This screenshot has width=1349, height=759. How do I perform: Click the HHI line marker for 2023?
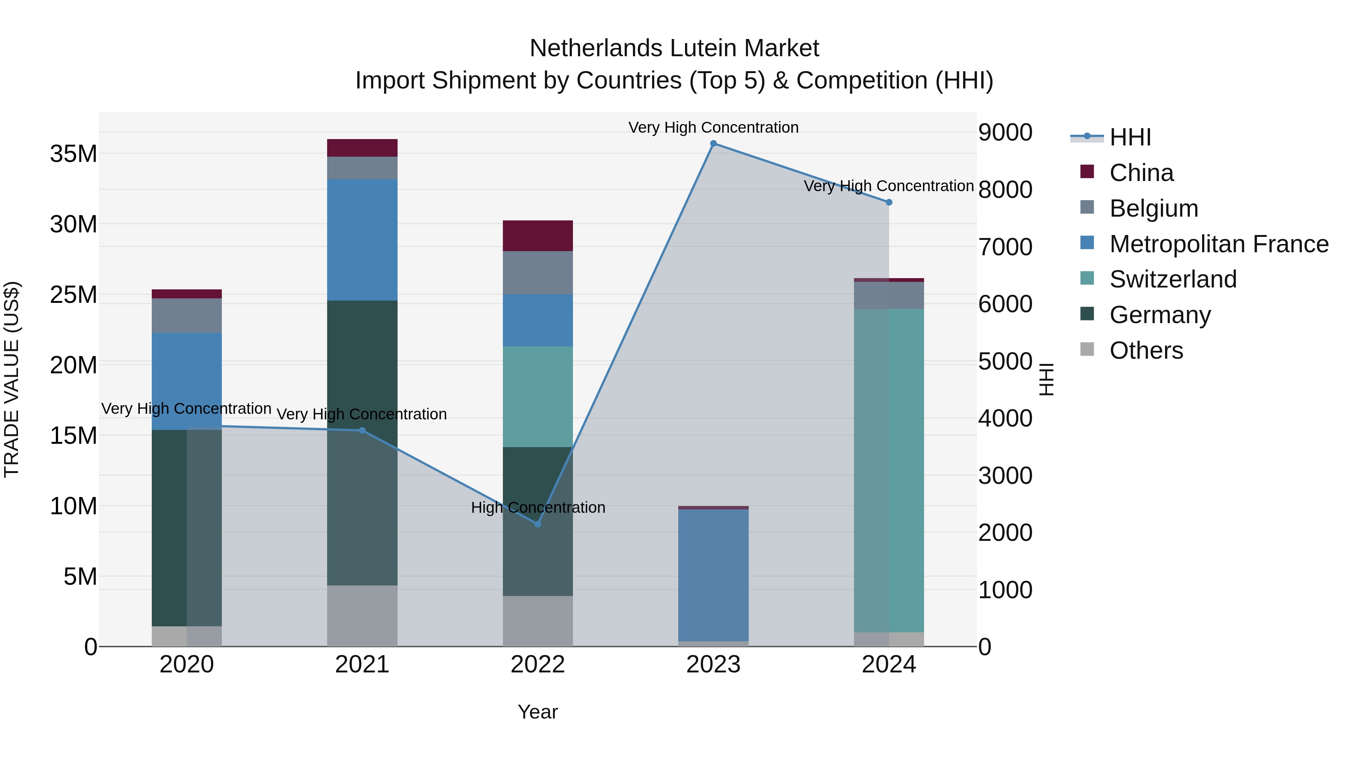[x=713, y=144]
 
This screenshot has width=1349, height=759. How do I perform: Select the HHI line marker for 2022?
[x=537, y=524]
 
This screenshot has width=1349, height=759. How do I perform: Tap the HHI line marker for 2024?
[x=889, y=202]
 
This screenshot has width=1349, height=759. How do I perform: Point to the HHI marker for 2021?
[x=362, y=431]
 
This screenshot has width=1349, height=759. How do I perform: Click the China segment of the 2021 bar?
[x=362, y=148]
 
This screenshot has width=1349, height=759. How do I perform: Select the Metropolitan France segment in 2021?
[x=362, y=240]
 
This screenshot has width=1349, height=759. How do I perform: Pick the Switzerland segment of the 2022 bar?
[x=537, y=397]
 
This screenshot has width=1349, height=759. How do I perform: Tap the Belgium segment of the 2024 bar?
[x=889, y=295]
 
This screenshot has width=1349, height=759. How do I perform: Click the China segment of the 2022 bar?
[x=537, y=236]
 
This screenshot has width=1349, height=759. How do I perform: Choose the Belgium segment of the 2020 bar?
[x=187, y=315]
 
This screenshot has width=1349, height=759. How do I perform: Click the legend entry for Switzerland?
[x=1173, y=279]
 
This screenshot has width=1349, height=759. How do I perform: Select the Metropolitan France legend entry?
[x=1219, y=244]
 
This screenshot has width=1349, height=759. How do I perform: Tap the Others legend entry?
[x=1146, y=350]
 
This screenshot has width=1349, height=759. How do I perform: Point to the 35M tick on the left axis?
[x=73, y=154]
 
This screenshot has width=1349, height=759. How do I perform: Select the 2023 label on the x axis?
[x=713, y=665]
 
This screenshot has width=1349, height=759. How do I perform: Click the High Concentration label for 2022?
[x=538, y=507]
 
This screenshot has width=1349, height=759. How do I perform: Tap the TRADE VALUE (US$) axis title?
[x=12, y=379]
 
